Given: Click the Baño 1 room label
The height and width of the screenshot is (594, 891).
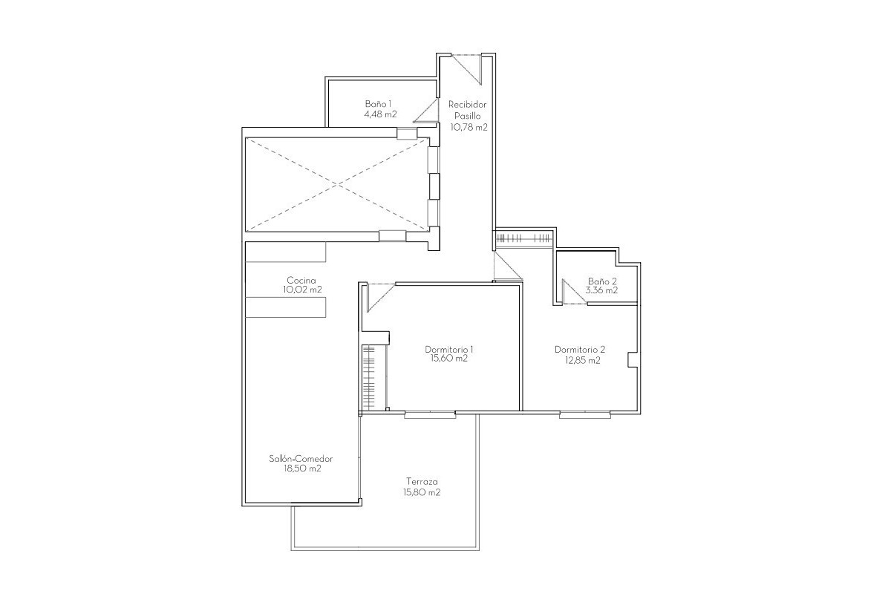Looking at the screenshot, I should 378,104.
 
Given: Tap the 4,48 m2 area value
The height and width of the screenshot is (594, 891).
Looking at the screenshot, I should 379,114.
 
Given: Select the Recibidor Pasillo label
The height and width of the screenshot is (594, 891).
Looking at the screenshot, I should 467,110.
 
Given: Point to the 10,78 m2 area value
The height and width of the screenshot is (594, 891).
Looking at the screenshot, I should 469,127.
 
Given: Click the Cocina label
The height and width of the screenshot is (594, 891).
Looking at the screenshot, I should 301,280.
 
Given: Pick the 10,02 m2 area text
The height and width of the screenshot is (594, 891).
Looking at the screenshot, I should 302,290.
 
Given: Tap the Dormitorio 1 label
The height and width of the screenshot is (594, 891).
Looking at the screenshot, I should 449,349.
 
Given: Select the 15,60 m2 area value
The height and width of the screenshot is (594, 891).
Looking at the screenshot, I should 449,359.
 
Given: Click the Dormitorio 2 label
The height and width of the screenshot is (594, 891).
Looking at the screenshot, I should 580,350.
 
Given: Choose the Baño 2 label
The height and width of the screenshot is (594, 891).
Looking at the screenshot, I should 602,281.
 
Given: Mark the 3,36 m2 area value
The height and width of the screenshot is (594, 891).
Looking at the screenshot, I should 601,291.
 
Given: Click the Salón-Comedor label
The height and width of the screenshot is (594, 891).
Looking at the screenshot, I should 296,459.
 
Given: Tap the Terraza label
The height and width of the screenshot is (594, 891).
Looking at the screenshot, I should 421,480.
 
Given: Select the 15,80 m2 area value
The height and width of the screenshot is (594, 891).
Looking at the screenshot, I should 421,492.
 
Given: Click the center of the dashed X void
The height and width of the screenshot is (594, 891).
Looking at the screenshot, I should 338,183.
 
